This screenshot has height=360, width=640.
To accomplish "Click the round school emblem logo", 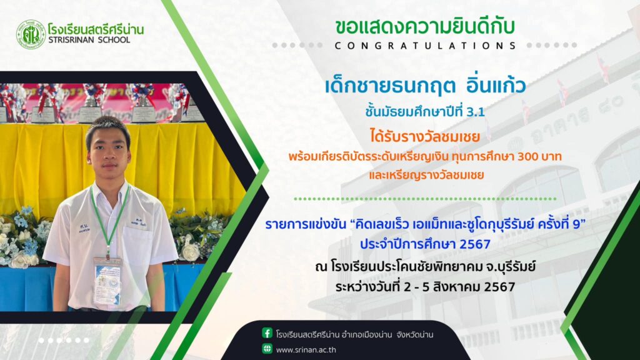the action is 31,35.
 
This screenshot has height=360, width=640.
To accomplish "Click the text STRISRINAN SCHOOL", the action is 89,40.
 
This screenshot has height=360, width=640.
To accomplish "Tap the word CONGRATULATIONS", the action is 425,46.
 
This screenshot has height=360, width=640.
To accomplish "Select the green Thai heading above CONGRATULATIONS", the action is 425,27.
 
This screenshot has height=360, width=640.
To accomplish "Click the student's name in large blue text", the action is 425,86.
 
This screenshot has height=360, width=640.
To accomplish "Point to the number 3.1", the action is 475,112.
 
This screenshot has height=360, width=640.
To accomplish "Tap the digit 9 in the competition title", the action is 577,224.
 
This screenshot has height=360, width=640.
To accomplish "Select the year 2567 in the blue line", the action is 475,244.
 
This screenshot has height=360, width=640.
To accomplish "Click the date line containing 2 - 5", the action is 425,286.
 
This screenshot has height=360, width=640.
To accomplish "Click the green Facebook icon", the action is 267,333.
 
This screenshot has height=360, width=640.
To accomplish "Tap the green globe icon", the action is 267,349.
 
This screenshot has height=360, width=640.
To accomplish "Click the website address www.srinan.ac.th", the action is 306,350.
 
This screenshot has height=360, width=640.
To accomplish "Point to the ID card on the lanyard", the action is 107,281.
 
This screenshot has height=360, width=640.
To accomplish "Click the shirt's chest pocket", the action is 137,239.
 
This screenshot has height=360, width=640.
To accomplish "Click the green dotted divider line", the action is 425,199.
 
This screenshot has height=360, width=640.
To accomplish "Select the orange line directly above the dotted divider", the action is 426,176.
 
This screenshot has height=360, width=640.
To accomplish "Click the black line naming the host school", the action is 425,267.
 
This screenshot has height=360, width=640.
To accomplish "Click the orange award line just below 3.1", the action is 425,136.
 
